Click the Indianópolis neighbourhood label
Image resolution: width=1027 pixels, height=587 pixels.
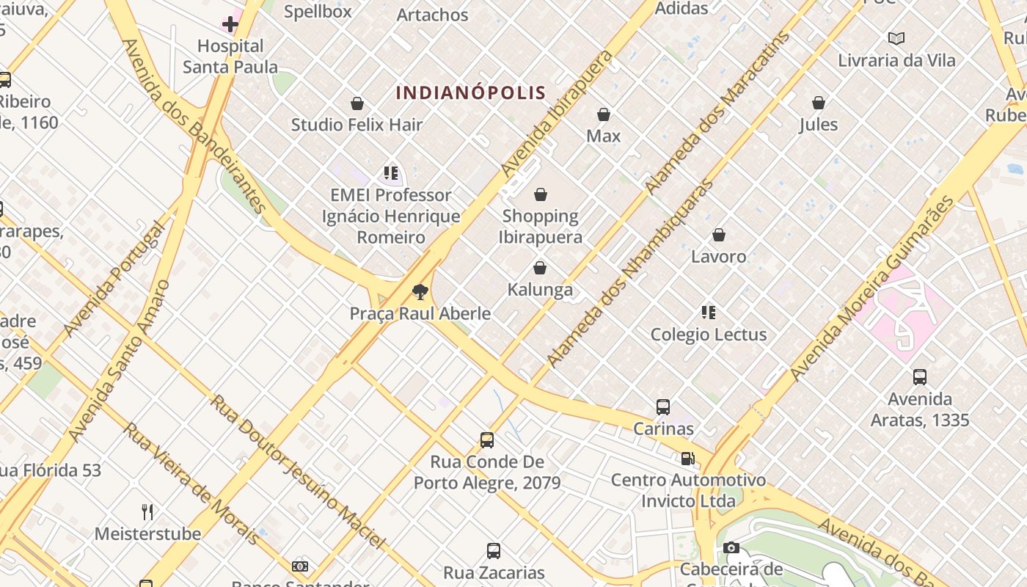471,92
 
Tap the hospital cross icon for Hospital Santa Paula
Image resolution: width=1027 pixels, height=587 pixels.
230,24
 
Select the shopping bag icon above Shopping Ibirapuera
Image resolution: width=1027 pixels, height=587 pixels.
541,194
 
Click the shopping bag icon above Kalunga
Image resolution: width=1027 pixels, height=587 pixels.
540,268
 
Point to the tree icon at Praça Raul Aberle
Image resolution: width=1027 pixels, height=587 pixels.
420,292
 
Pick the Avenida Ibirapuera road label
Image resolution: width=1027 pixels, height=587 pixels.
557,113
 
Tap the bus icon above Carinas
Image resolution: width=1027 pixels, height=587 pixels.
663,406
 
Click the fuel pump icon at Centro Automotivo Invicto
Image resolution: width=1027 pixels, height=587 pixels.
687,459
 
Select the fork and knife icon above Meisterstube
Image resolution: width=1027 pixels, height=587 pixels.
147,511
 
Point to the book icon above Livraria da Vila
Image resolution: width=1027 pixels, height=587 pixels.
896,38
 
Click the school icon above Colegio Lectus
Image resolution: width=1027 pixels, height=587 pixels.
708,313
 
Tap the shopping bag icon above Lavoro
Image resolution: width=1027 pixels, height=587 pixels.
719,235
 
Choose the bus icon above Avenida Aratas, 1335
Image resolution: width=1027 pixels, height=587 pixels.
919,377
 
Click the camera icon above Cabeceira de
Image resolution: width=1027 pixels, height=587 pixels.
731,547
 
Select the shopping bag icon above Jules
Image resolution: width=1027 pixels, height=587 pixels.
819,103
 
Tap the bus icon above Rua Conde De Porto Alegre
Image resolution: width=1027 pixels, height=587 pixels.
486,440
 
